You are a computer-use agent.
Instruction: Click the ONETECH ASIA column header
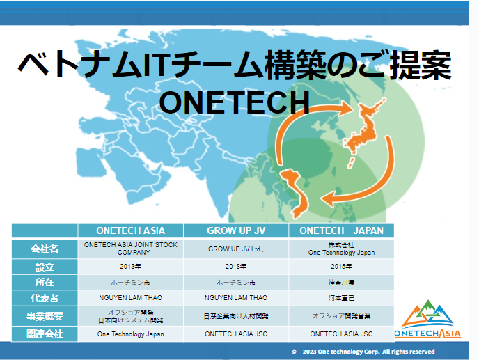(x=130, y=230)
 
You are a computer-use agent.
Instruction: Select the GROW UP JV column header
(x=236, y=230)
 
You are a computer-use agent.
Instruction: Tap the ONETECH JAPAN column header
(x=341, y=230)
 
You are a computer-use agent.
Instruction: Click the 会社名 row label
(x=45, y=249)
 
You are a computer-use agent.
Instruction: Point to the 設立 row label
(x=45, y=267)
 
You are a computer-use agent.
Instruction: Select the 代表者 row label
(x=45, y=298)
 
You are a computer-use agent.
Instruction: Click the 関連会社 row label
(x=45, y=334)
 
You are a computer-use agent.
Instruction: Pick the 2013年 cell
(x=130, y=267)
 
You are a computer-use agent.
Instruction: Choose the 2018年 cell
(x=236, y=267)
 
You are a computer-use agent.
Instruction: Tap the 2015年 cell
(x=341, y=267)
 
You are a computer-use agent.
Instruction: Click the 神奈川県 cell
(x=341, y=283)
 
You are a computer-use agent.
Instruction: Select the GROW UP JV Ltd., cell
(x=236, y=249)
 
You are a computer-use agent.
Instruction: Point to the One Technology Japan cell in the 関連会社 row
(x=130, y=334)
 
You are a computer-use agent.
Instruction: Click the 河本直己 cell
(x=341, y=298)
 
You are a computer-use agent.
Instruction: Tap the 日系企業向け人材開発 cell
(x=236, y=316)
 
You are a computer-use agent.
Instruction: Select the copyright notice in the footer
(x=363, y=352)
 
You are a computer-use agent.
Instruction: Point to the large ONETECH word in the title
(x=235, y=102)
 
